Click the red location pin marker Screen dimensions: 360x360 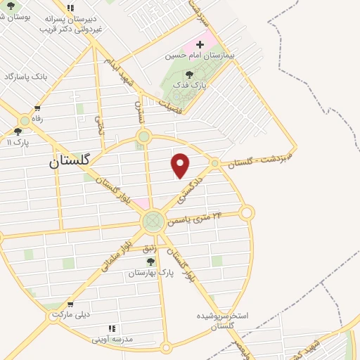click(181, 165)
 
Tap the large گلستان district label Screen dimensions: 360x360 click(70, 160)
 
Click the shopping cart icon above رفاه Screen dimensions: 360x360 click(37, 108)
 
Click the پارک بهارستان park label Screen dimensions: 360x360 click(151, 272)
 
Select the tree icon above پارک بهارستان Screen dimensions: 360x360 click(150, 262)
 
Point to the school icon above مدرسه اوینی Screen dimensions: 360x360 click(111, 328)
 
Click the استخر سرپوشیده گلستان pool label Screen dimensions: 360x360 click(224, 321)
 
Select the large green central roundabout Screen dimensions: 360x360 click(153, 222)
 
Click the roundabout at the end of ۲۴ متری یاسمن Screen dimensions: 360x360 click(246, 212)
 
